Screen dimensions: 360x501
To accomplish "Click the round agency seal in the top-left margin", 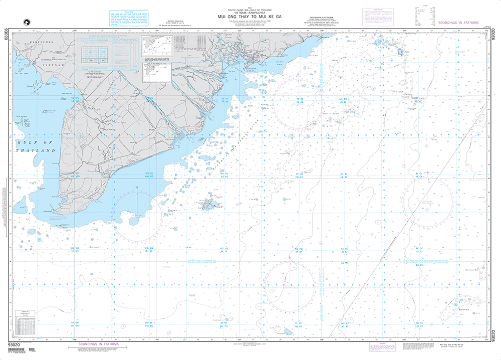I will [22, 21].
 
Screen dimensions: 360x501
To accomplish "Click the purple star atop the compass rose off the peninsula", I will [137, 187].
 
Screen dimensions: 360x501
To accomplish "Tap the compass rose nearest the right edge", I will [427, 200].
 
